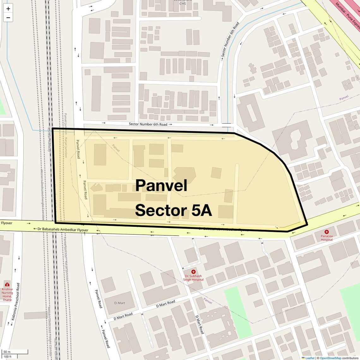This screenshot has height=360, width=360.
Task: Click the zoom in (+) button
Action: coord(8,9)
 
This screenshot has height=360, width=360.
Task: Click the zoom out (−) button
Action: coord(8,18)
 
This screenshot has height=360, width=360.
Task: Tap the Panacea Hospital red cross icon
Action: coord(327,232)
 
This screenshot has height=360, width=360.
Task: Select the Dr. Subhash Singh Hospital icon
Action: coord(193,272)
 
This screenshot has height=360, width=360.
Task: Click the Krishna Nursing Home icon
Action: coord(7,284)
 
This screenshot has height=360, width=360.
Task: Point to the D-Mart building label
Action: coord(120,303)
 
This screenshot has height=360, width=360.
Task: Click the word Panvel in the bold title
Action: coord(161,186)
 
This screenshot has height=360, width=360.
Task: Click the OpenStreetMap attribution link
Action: coord(331,358)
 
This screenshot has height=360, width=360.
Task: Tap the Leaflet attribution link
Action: coord(310,358)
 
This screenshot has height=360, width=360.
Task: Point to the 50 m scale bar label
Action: coord(7,352)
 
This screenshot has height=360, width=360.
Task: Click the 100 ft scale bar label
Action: coord(8,357)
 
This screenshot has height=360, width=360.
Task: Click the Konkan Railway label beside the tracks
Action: coord(49,139)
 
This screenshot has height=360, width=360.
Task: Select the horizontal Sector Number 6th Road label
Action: coord(148,124)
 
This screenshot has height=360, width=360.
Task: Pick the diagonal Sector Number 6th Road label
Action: coord(230,39)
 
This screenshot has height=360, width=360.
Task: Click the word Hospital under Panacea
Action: coord(327,240)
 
